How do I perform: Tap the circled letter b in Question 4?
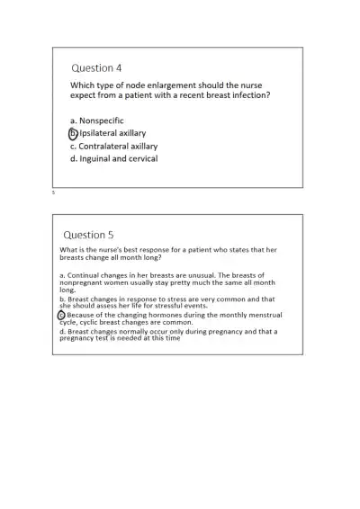tap(74, 133)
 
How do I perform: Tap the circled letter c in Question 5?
tap(62, 316)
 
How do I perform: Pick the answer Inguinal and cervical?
tap(118, 158)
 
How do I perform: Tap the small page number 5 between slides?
tap(53, 192)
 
